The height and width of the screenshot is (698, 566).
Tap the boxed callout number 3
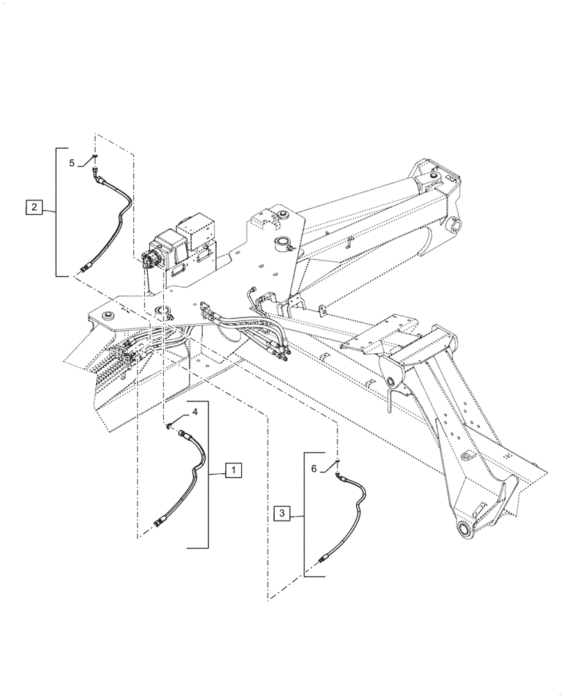(x=282, y=514)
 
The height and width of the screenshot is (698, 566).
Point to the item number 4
(x=195, y=413)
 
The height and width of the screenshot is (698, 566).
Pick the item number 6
(x=314, y=470)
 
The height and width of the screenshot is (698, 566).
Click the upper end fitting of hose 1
(x=184, y=434)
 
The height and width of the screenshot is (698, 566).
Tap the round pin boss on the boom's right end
(x=456, y=226)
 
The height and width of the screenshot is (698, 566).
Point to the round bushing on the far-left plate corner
(x=109, y=318)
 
